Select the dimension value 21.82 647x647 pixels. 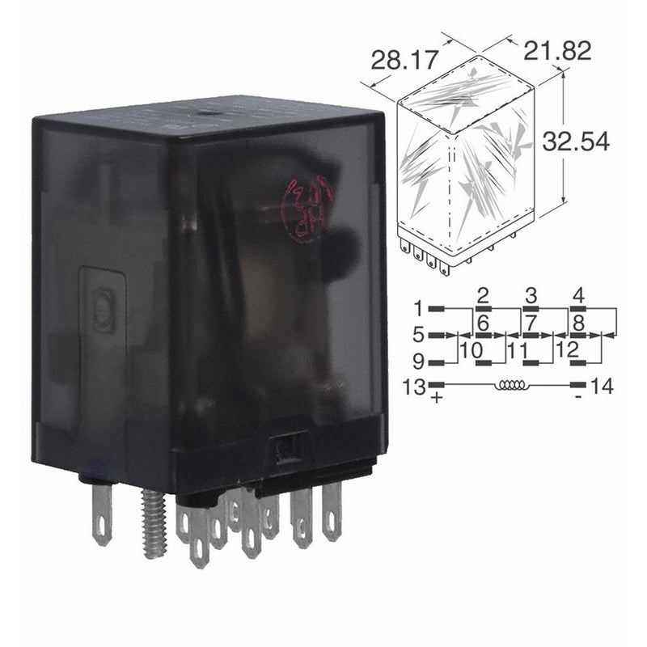tap(558, 50)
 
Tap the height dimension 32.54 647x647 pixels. tap(576, 142)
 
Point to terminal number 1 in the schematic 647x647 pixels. tap(418, 308)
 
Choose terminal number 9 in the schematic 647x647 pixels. tap(418, 361)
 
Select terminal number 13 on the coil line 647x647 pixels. tap(414, 386)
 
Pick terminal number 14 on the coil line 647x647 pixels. tap(599, 386)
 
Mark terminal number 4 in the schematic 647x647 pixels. tap(577, 294)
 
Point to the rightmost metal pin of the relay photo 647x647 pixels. tap(332, 510)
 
